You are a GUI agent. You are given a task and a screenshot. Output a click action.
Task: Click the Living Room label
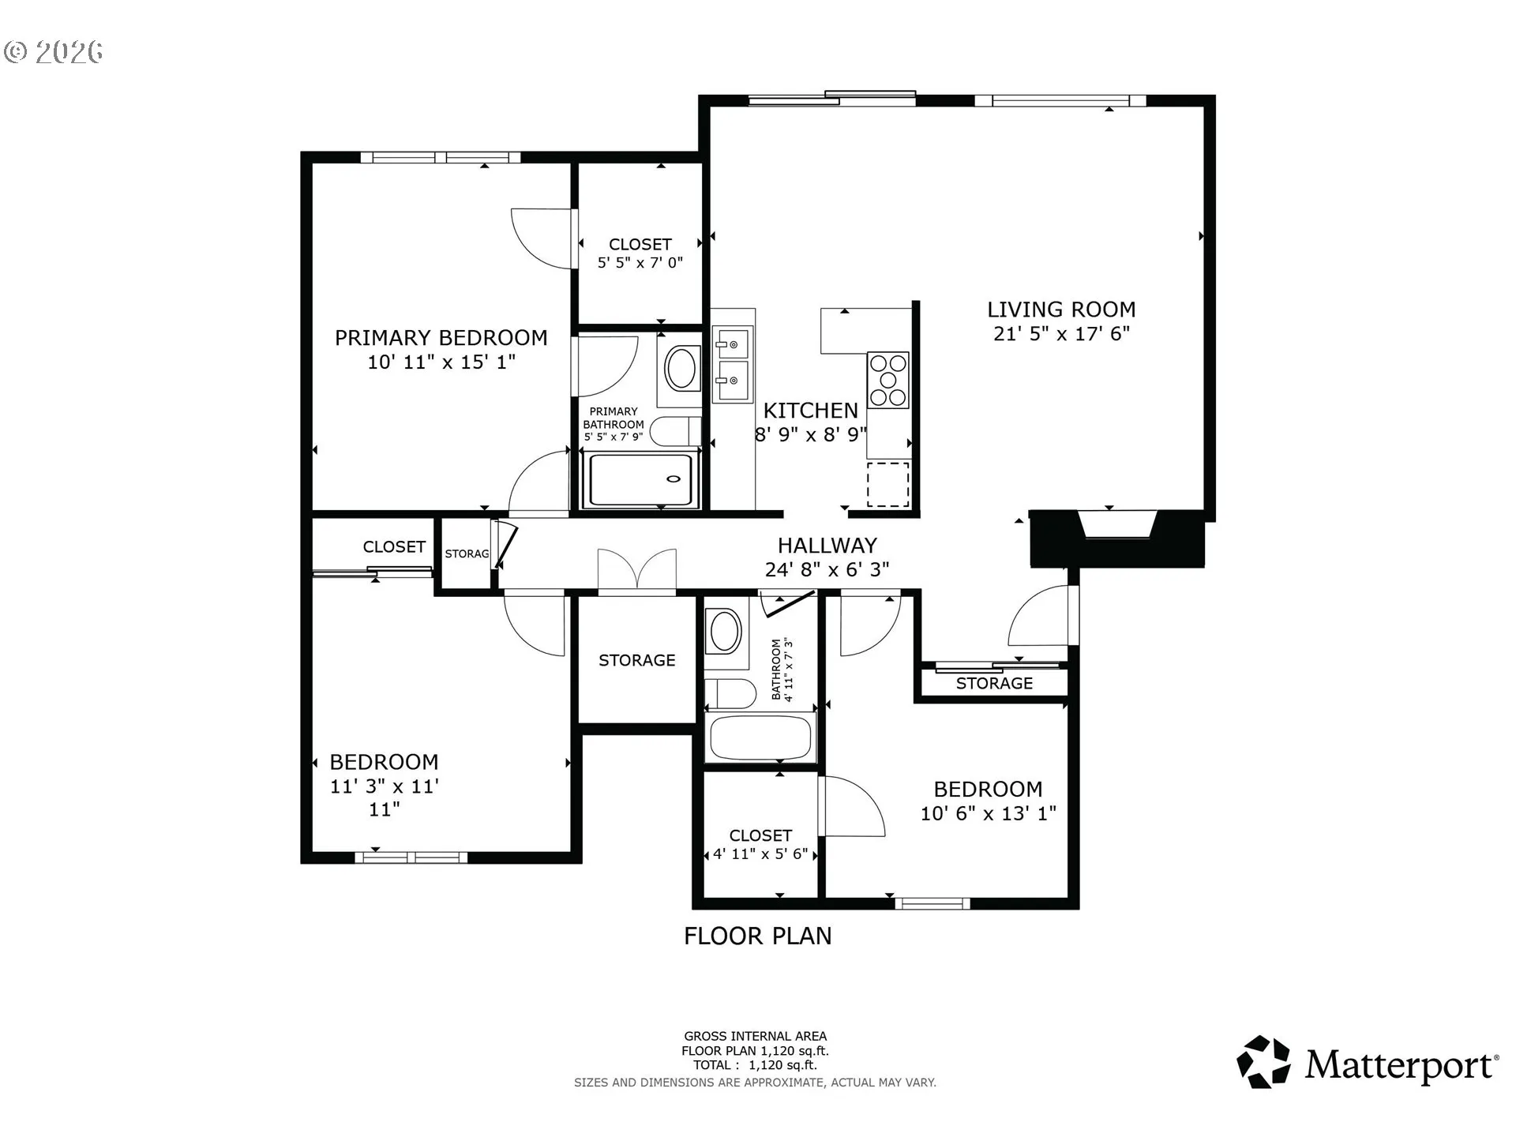pos(1061,310)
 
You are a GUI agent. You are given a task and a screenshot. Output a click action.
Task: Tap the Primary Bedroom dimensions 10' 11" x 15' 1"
pos(441,362)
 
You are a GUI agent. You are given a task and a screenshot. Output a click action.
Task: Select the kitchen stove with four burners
pos(888,380)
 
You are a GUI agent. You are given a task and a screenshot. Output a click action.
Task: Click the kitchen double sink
pos(732,364)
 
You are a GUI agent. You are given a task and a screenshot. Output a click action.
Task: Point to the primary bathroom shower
pos(640,479)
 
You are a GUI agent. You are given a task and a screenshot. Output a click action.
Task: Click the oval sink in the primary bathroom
pos(681,369)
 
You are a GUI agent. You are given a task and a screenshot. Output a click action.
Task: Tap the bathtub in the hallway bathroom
pos(760,737)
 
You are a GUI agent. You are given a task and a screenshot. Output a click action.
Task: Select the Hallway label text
pos(827,546)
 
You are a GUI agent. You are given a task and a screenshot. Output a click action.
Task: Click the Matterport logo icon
pos(1263,1062)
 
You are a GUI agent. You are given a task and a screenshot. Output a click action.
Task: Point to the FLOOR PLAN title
pos(758,936)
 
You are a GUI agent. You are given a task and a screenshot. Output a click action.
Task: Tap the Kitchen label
pos(811,411)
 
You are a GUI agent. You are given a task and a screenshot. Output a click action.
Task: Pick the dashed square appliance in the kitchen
pos(888,485)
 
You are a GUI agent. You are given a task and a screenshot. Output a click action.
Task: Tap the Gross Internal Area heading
pos(756,1036)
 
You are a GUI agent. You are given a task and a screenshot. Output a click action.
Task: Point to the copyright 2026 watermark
pos(54,52)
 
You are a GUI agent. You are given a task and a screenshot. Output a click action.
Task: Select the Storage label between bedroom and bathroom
pos(637,660)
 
